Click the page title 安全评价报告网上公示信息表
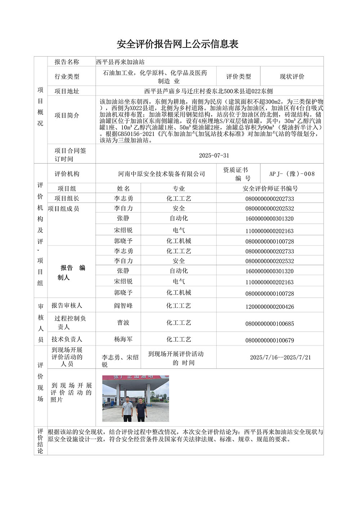click(177, 44)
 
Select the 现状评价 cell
click(292, 76)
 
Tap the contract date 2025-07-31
click(214, 156)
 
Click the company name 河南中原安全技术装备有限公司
click(162, 174)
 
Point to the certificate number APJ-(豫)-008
click(292, 174)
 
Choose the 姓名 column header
click(123, 189)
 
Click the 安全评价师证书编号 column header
click(270, 189)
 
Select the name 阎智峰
click(123, 306)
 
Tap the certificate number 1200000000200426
click(270, 307)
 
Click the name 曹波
click(123, 323)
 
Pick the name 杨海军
click(123, 339)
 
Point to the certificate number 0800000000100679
click(270, 340)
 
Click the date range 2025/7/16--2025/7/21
click(280, 357)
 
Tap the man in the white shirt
click(127, 409)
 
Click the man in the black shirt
click(140, 409)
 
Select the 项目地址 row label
click(67, 91)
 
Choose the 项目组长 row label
click(67, 198)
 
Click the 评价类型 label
click(238, 76)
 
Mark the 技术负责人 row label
click(67, 339)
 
